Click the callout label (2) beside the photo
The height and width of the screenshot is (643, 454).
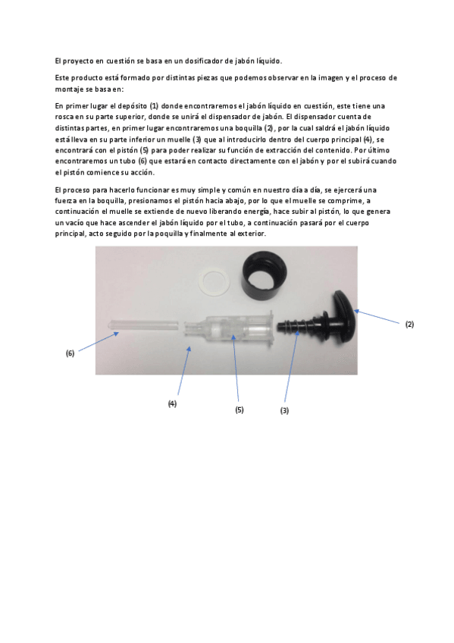pyautogui.click(x=409, y=324)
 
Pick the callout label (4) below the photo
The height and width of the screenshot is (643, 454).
pyautogui.click(x=172, y=403)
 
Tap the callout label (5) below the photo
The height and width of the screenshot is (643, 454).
pyautogui.click(x=239, y=409)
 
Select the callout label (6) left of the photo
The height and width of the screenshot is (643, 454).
pyautogui.click(x=70, y=353)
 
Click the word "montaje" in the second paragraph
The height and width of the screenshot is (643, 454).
pyautogui.click(x=70, y=89)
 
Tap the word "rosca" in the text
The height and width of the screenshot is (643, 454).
pyautogui.click(x=65, y=117)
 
